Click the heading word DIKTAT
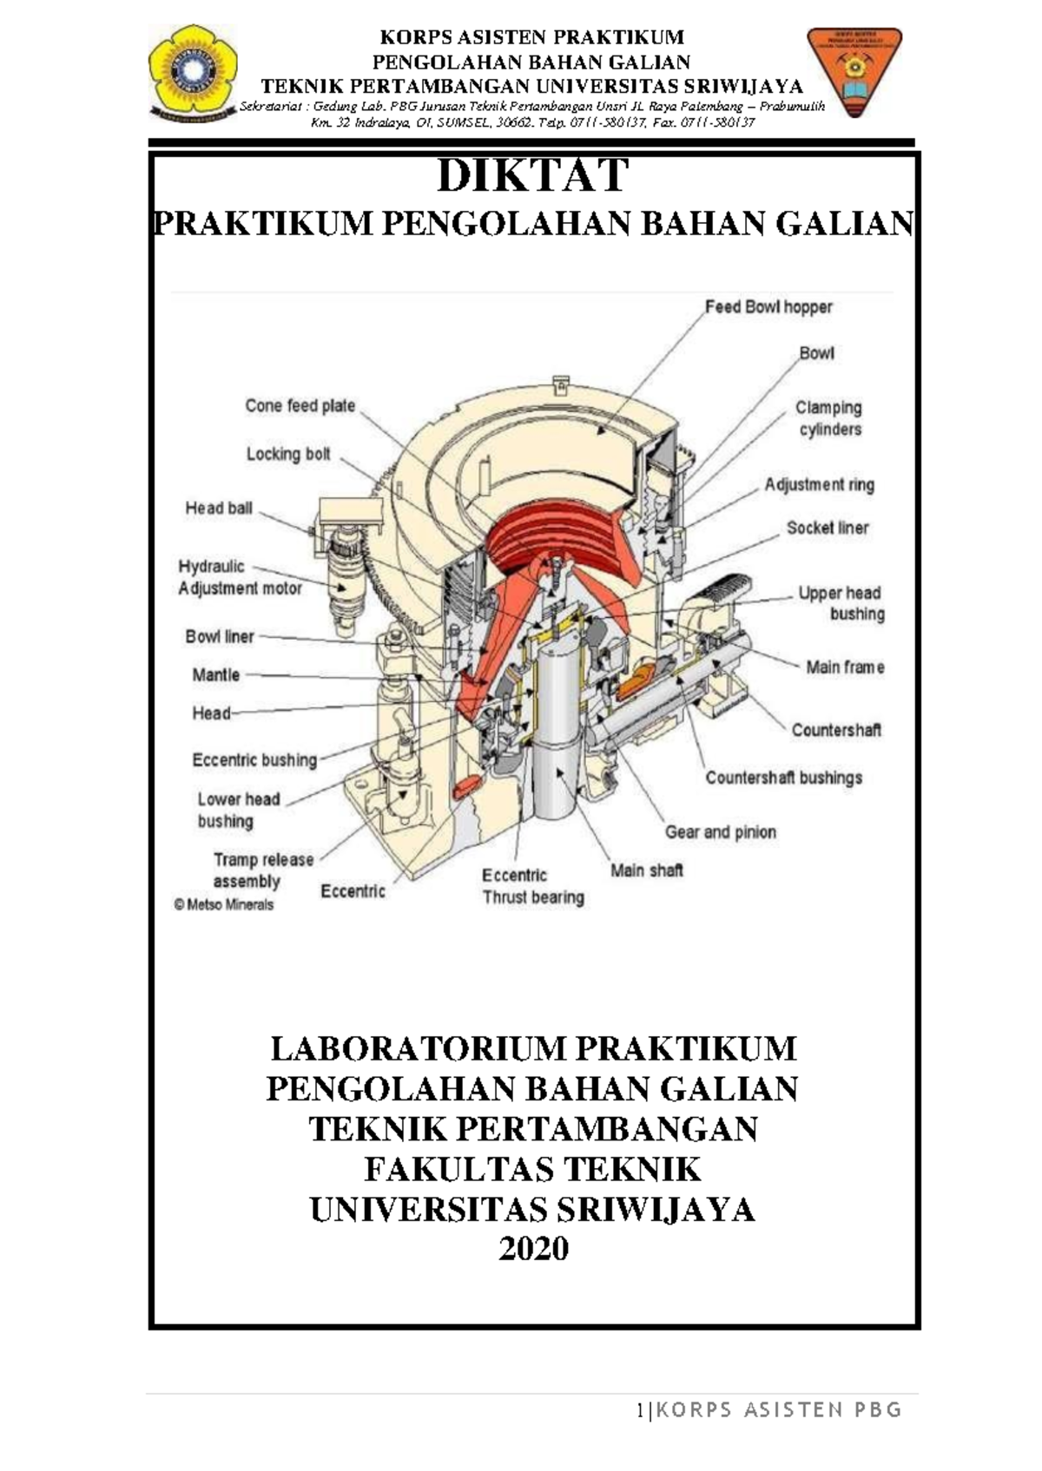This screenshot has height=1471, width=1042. [532, 176]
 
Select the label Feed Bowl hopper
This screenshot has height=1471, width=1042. [768, 307]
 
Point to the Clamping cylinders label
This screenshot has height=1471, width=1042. [829, 418]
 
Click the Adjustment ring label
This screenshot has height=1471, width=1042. [819, 485]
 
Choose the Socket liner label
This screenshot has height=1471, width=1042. [827, 528]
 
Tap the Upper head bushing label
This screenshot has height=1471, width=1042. [841, 603]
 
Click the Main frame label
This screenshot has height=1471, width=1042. [844, 667]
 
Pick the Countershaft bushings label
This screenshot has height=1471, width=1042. [783, 778]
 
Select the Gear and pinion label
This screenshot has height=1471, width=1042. [720, 832]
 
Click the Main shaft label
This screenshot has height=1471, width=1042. [646, 870]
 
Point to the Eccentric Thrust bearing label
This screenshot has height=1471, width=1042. [532, 886]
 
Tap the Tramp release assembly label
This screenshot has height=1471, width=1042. [262, 870]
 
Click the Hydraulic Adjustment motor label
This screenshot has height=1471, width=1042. [239, 577]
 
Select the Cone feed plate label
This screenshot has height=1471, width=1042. [300, 405]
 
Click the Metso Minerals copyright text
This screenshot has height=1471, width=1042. [224, 904]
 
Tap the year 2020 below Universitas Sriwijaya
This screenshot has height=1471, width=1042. [532, 1248]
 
